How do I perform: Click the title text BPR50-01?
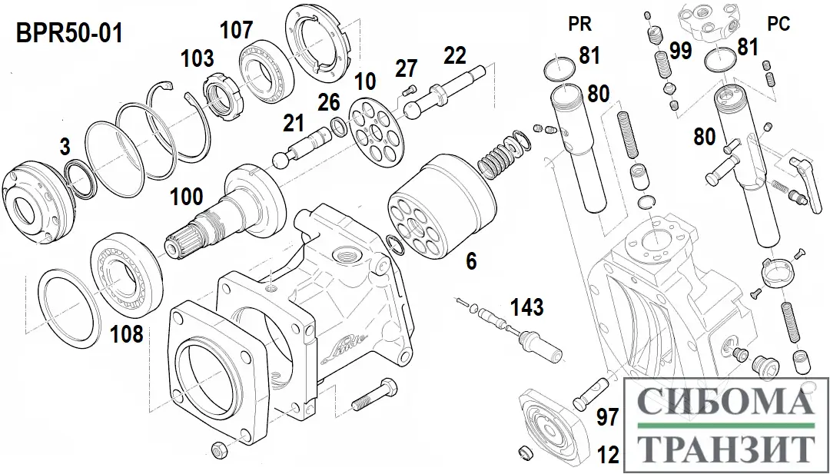[x=68, y=35]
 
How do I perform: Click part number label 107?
[x=236, y=30]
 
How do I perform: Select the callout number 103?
[x=197, y=58]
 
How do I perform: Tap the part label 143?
[x=527, y=308]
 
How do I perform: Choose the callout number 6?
[x=471, y=261]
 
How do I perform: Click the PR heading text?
[x=579, y=24]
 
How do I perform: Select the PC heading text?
[x=779, y=25]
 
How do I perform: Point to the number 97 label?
[x=608, y=418]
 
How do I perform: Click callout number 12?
[x=608, y=456]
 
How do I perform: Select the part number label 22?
[x=455, y=55]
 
